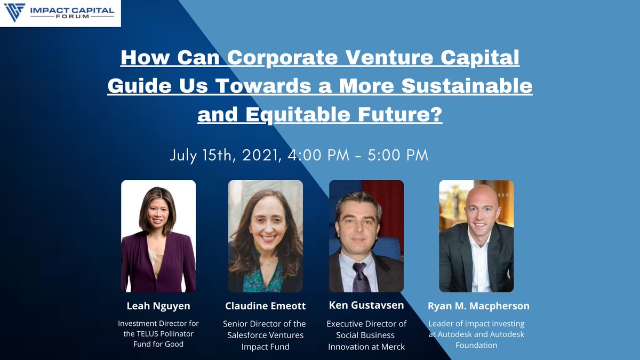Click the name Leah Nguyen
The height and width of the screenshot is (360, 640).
158,306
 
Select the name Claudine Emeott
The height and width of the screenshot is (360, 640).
265,307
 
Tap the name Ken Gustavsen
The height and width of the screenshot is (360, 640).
366,306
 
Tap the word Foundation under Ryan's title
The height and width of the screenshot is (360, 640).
476,345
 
